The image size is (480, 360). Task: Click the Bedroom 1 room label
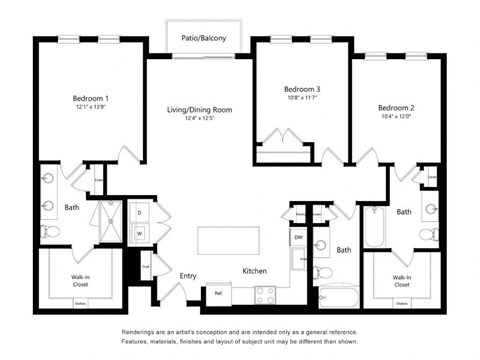point(90,98)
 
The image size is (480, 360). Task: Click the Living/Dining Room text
point(199,109)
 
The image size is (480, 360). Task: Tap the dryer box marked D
point(139,214)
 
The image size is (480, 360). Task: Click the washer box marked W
point(139,233)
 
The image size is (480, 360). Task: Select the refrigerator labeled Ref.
point(218,293)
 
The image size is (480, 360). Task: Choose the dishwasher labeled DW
point(298,237)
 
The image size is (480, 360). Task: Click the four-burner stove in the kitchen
point(266,294)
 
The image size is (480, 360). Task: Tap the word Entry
point(188,275)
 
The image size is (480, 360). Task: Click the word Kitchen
point(255,271)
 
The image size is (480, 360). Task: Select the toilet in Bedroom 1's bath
point(52,232)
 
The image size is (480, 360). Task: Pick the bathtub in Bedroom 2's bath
point(375,228)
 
